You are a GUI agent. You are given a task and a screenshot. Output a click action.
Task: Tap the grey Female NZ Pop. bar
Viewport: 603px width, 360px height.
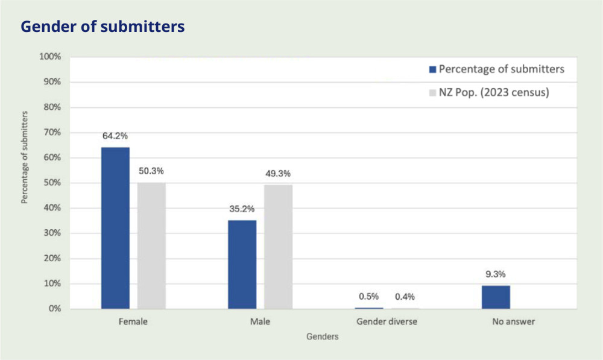coord(151,245)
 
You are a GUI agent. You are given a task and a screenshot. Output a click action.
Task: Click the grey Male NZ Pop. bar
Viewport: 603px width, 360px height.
coord(278,247)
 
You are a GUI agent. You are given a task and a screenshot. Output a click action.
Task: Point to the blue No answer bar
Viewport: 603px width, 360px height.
coord(496,297)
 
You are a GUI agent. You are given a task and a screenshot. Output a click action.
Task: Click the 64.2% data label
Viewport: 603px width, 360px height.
coord(115,136)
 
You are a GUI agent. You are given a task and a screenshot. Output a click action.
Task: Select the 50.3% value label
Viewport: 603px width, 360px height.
coord(151,171)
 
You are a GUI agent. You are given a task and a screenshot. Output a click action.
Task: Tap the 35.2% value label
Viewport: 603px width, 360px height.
coord(242,209)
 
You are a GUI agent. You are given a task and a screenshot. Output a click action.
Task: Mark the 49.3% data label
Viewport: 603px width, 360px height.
coord(278,174)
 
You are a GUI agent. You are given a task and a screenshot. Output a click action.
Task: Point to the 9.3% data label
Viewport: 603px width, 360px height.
coord(496,274)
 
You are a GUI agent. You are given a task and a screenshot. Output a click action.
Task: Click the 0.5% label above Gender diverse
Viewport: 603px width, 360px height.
coord(368,297)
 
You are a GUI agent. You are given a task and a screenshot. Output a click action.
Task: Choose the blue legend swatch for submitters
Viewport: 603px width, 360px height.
coord(432,69)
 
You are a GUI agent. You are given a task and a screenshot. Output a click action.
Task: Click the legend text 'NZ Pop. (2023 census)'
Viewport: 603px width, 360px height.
coord(494,93)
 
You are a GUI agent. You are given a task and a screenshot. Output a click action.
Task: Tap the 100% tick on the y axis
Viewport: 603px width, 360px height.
coord(50,57)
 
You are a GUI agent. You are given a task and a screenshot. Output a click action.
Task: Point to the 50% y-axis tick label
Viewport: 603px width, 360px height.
coord(52,183)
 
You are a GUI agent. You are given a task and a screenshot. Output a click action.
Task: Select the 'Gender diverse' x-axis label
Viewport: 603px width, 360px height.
coord(387,322)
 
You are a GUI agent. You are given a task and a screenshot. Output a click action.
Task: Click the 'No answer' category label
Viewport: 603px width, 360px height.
coord(513,322)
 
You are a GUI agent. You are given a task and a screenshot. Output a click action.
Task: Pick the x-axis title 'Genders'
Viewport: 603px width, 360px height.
coord(323,337)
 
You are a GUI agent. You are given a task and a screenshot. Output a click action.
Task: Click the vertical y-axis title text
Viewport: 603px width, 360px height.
coord(25,157)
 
